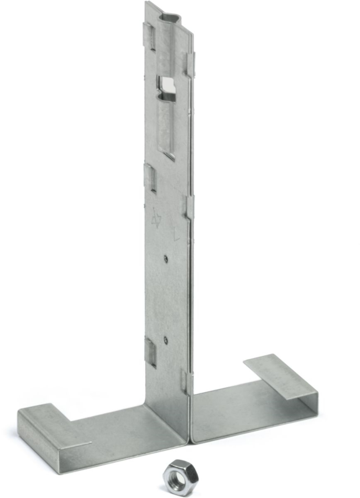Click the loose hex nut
(180, 477)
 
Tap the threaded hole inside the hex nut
(179, 476)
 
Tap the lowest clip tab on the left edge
(150, 352)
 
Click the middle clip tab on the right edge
(190, 207)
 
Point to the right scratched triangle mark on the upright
(176, 231)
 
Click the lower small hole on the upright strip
(165, 339)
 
